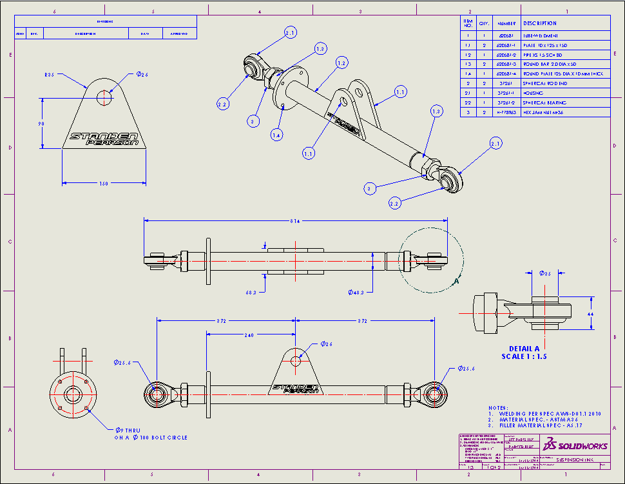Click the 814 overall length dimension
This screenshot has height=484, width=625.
pyautogui.click(x=295, y=220)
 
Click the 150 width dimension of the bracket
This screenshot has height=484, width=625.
pyautogui.click(x=103, y=184)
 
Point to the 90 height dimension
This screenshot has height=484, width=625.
pyautogui.click(x=41, y=124)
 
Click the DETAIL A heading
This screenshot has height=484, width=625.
pyautogui.click(x=523, y=348)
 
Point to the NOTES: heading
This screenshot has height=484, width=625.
pyautogui.click(x=497, y=407)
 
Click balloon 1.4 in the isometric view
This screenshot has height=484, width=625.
pyautogui.click(x=276, y=135)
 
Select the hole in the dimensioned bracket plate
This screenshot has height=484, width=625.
pyautogui.click(x=105, y=97)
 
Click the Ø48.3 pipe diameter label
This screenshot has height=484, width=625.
pyautogui.click(x=356, y=292)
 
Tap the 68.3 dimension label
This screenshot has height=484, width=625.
pyautogui.click(x=251, y=292)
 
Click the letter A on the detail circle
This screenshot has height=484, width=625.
pyautogui.click(x=456, y=282)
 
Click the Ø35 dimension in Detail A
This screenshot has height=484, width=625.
pyautogui.click(x=545, y=274)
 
